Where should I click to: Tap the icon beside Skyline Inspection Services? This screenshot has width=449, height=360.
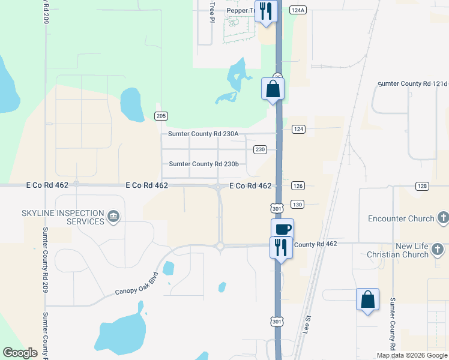112,216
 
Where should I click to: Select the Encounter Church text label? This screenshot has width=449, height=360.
400,218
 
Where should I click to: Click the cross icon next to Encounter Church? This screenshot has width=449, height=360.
443,218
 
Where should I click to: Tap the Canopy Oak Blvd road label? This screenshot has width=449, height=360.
139,284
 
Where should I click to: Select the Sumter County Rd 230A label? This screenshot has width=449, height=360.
203,134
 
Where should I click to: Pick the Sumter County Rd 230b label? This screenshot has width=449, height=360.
203,164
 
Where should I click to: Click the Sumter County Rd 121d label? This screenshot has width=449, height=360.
413,84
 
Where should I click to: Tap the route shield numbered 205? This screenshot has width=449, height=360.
160,115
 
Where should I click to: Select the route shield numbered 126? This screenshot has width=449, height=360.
298,185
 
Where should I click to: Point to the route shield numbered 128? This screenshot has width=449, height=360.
422,187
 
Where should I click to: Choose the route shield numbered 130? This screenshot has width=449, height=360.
298,205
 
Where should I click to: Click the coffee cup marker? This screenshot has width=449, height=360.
283,229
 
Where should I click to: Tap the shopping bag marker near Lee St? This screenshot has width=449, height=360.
367,299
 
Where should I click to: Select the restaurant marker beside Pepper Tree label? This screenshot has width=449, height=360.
265,11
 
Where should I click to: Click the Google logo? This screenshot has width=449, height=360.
20,353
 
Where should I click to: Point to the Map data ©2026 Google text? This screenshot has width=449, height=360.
411,355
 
